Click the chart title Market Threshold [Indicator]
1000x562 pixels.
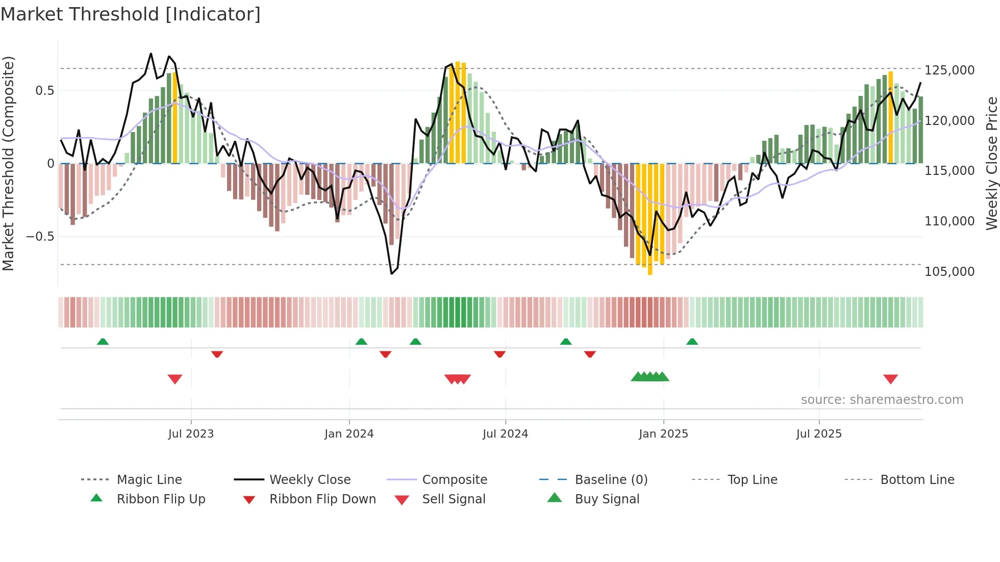pos(131,14)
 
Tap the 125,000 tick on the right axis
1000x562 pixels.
pos(949,70)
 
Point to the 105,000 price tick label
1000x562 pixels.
pos(949,272)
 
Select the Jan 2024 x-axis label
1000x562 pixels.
pos(349,434)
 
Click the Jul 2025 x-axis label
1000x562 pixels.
pos(819,434)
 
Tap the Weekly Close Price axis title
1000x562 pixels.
pos(991,163)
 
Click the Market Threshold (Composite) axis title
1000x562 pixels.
pos(9,163)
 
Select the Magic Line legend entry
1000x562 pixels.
pos(149,480)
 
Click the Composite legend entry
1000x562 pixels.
pos(454,480)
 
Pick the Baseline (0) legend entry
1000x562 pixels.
pos(611,480)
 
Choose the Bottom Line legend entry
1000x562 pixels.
pos(917,480)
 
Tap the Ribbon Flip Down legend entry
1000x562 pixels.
pos(322,499)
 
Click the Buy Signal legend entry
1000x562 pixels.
pos(607,499)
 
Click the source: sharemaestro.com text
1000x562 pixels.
pos(882,400)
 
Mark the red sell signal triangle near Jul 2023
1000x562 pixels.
pos(175,379)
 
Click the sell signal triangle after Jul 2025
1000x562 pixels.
pos(890,379)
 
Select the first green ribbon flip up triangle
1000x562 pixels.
pos(103,341)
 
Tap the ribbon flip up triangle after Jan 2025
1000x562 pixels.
pos(692,341)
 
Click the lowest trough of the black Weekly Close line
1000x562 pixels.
pos(391,274)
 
